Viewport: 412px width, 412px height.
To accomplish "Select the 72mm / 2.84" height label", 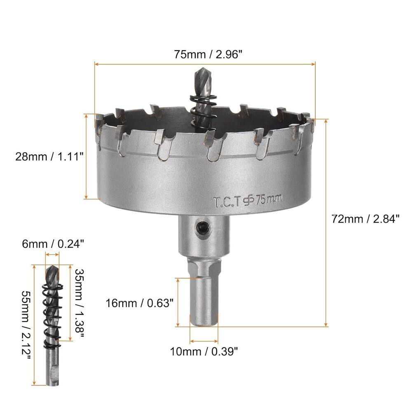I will tap(365, 219).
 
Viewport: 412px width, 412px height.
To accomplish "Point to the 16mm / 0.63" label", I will tap(138, 303).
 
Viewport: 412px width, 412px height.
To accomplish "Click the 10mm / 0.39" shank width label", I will tap(204, 351).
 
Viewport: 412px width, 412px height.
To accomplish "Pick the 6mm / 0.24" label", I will tap(54, 243).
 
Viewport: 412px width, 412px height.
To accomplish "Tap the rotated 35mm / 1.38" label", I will tap(79, 303).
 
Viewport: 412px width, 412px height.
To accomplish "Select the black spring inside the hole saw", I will tap(203, 109).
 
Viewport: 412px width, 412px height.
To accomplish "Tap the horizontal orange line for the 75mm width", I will tap(205, 64).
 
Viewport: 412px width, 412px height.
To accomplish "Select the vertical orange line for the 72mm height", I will tap(327, 222).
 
